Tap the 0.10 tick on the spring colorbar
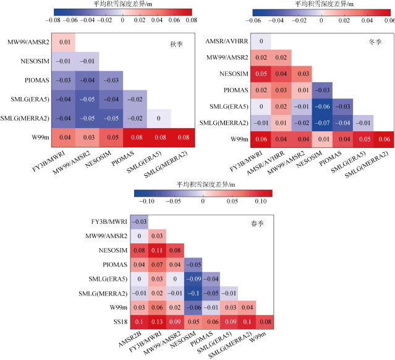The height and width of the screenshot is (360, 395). (261, 201)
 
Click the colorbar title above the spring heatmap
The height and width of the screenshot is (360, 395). (203, 184)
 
